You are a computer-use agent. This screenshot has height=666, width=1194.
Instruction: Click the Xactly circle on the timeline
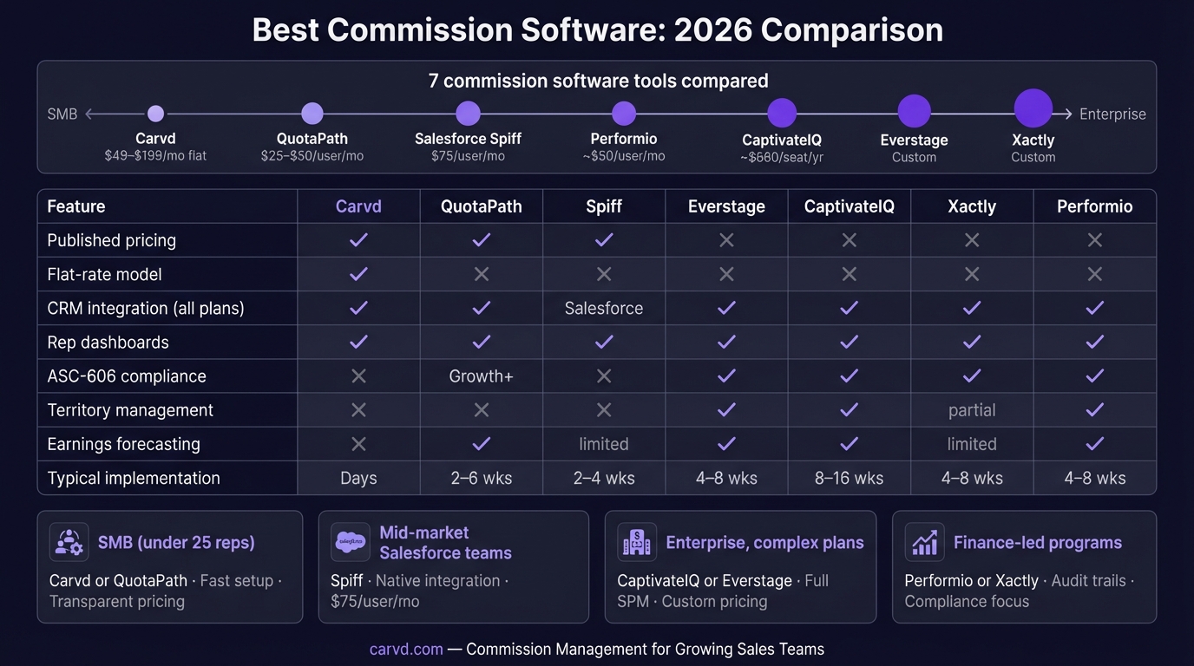pyautogui.click(x=1033, y=109)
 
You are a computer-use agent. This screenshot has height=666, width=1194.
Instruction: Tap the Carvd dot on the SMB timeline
pyautogui.click(x=155, y=114)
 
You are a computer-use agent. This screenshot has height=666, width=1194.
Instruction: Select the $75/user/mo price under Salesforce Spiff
pyautogui.click(x=468, y=156)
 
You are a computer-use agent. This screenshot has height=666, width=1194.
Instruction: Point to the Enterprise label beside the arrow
pyautogui.click(x=1112, y=114)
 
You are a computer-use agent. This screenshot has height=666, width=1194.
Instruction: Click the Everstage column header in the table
pyautogui.click(x=726, y=206)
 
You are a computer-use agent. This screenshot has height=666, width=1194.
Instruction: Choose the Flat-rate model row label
pyautogui.click(x=104, y=274)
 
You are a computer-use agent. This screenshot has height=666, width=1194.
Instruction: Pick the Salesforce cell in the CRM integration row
pyautogui.click(x=604, y=308)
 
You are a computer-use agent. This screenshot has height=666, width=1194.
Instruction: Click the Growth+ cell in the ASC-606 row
pyautogui.click(x=481, y=376)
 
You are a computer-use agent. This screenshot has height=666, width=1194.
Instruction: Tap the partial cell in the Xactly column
pyautogui.click(x=972, y=410)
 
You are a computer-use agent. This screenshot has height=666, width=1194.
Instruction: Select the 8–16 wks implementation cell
pyautogui.click(x=849, y=478)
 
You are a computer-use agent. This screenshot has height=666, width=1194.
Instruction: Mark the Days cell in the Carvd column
pyautogui.click(x=358, y=478)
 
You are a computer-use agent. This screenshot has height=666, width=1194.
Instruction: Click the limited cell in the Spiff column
pyautogui.click(x=604, y=444)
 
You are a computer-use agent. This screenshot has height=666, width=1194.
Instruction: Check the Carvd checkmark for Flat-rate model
pyautogui.click(x=358, y=274)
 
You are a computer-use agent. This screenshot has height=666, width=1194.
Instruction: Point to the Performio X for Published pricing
pyautogui.click(x=1094, y=240)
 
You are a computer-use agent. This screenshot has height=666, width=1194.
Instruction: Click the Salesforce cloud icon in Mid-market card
pyautogui.click(x=351, y=543)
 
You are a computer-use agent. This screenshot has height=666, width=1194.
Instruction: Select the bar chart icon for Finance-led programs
pyautogui.click(x=924, y=543)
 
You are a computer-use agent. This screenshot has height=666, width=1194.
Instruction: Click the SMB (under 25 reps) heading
pyautogui.click(x=176, y=543)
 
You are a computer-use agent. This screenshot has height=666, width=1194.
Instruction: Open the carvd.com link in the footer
pyautogui.click(x=406, y=649)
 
